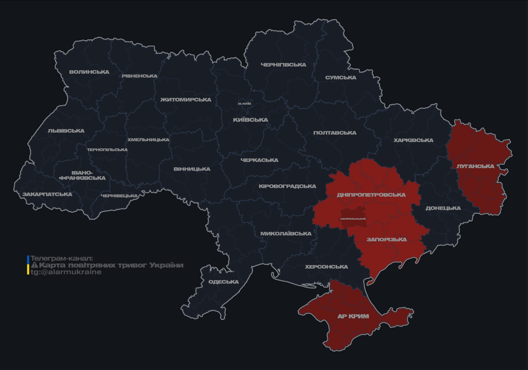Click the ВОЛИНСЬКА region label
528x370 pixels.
[x=89, y=72]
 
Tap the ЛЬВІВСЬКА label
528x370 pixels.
[x=66, y=131]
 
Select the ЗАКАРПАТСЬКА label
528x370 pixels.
[x=47, y=195]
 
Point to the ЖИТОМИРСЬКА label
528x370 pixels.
[x=186, y=100]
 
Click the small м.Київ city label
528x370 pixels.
[x=245, y=104]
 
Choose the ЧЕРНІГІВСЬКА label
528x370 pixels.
[x=283, y=65]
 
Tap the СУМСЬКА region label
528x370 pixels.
[x=341, y=78]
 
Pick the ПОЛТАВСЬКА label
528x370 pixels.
[x=335, y=133]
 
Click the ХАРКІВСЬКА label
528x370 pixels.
[x=413, y=140]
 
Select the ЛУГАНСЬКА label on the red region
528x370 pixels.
[x=475, y=166]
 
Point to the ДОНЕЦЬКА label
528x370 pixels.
[x=443, y=208]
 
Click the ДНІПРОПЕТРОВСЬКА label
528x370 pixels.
[x=371, y=195]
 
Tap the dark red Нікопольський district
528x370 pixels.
[x=353, y=218]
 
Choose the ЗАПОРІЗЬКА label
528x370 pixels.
[x=387, y=239]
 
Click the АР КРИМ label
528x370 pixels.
[x=353, y=317]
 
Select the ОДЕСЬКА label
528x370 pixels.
[x=223, y=282]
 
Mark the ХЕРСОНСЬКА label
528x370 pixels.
[x=326, y=266]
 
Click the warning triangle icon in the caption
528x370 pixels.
[x=34, y=265]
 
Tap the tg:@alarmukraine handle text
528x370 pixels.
[x=66, y=272]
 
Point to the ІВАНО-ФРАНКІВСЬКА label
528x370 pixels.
[x=82, y=175]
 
